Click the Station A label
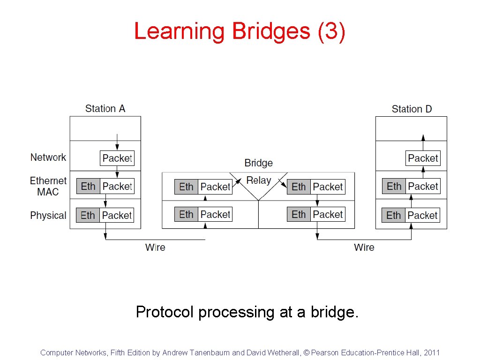[x=105, y=109]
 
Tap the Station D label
[x=412, y=109]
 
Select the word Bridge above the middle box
[x=258, y=163]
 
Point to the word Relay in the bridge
[x=259, y=180]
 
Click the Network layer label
[x=48, y=157]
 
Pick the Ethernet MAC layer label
[x=48, y=186]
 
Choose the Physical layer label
[x=48, y=216]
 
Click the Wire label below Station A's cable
[x=155, y=247]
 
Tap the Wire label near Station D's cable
[x=364, y=247]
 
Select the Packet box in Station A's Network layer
[x=117, y=158]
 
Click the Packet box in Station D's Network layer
[x=423, y=158]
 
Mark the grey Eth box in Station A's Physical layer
[x=88, y=215]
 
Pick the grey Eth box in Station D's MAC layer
[x=394, y=186]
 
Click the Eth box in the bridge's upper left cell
[x=186, y=187]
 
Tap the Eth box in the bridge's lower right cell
[x=299, y=214]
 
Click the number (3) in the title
[x=331, y=31]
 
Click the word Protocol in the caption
[x=164, y=312]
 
